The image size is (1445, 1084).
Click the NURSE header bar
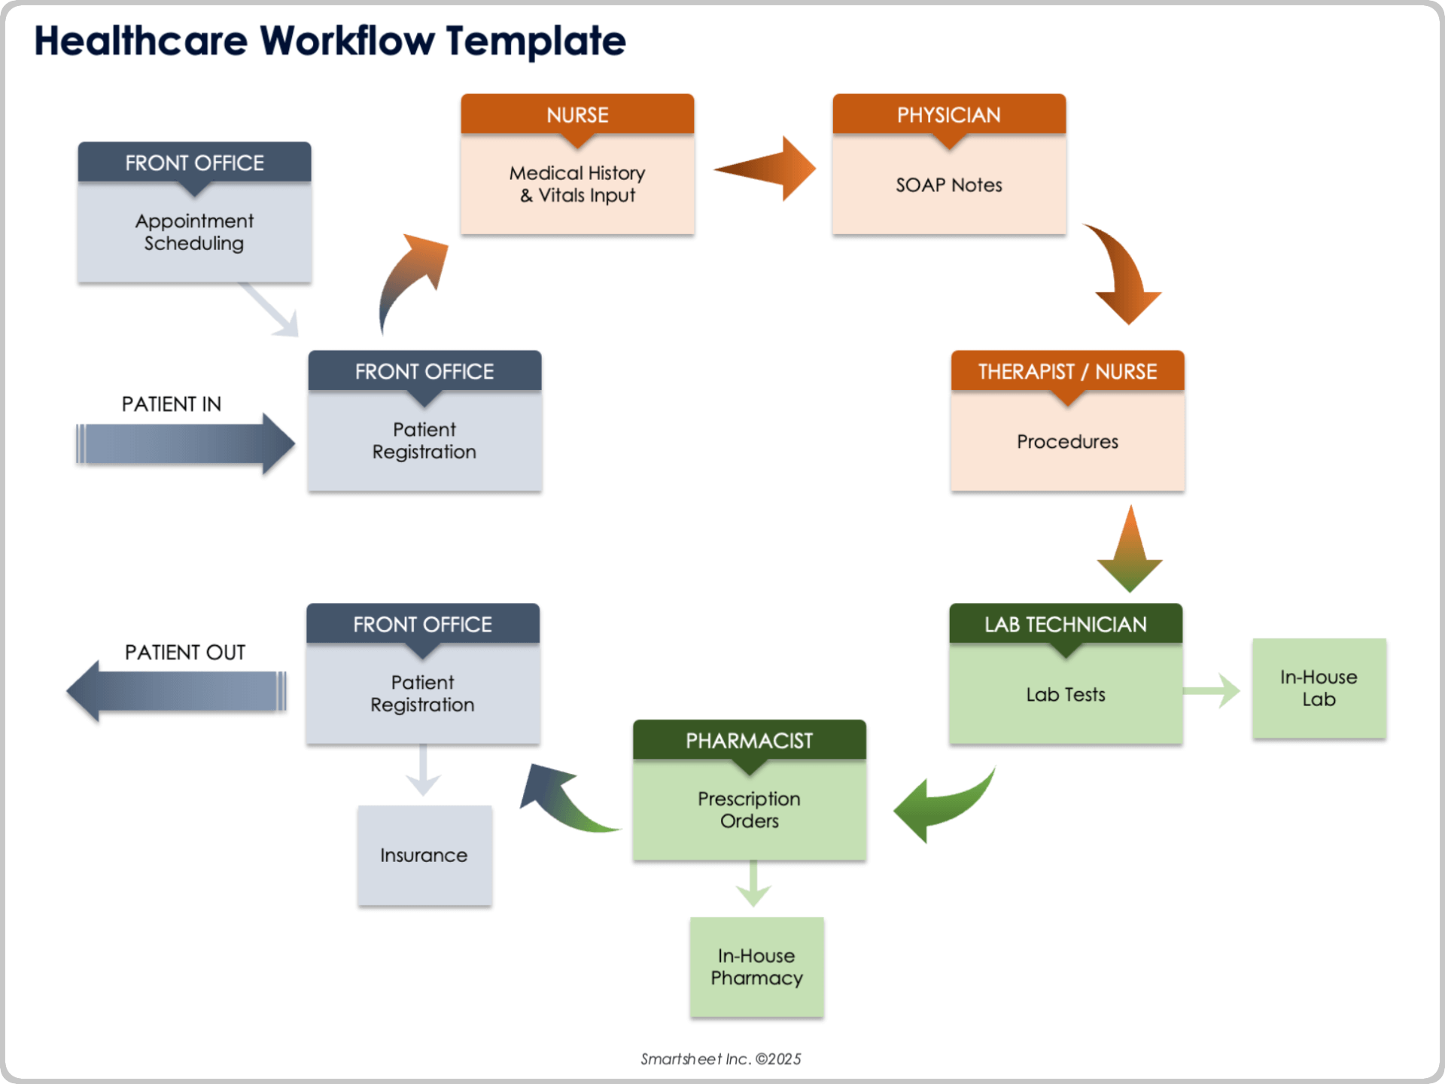point(577,114)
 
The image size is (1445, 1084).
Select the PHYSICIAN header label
point(948,114)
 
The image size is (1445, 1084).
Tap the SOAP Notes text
point(948,185)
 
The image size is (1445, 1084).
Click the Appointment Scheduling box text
point(194,232)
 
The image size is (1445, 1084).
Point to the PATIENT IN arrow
point(184,443)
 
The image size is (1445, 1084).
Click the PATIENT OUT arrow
point(178,690)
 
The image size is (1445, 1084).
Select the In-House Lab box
point(1319,688)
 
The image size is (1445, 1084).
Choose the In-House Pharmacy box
point(756,967)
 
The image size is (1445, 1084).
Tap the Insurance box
point(424,855)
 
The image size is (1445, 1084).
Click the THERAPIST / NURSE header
point(1067,371)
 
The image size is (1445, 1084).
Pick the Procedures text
point(1067,442)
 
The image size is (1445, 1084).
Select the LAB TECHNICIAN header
point(1065,624)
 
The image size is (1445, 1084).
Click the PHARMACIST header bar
point(749,741)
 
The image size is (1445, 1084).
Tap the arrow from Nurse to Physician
point(768,169)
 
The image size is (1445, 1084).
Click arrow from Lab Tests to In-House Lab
point(1212,690)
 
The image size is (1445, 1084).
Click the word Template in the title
point(535,41)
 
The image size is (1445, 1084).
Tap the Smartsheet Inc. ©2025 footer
point(720,1059)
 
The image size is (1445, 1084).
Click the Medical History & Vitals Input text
point(577,184)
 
